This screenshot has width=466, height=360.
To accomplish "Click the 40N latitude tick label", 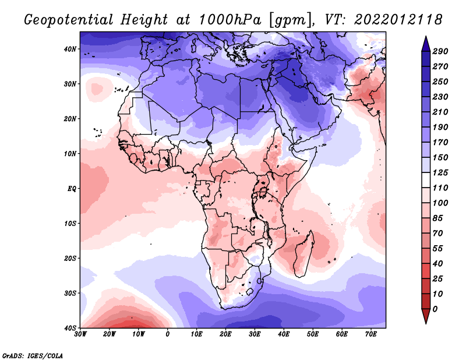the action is [70, 49].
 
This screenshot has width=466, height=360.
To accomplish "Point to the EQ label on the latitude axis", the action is [72, 189].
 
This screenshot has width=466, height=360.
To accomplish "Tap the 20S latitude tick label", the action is [70, 258].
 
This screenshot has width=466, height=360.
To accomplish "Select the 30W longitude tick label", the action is [80, 334].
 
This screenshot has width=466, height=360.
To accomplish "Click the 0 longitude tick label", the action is [168, 334].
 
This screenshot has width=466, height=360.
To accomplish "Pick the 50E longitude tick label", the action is [313, 334].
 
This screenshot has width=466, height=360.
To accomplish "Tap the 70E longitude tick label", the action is [370, 334].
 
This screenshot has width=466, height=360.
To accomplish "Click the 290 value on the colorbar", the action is [440, 51].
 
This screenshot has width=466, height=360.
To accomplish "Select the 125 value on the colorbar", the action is [440, 172].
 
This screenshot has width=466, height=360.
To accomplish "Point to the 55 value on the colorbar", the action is [438, 249].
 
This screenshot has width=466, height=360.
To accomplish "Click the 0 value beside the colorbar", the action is [435, 309].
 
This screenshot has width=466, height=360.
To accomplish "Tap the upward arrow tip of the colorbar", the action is [426, 37].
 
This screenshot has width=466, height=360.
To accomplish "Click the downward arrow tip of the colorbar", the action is [426, 323].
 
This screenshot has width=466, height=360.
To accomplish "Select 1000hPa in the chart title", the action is [230, 20].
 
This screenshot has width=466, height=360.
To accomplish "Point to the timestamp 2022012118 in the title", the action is [398, 20].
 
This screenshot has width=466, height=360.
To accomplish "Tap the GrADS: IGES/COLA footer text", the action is [33, 355].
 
